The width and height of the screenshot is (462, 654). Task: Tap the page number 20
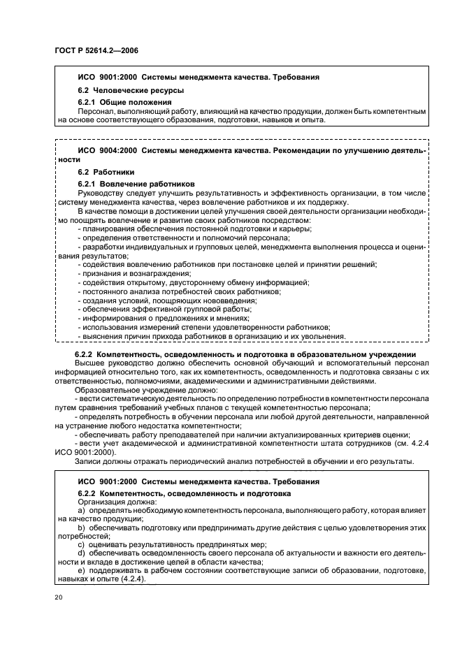click(58, 597)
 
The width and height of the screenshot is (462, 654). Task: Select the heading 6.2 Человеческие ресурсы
click(121, 91)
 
